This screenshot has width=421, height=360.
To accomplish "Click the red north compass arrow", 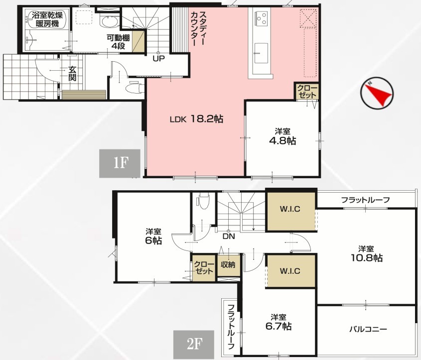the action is pyautogui.click(x=381, y=95).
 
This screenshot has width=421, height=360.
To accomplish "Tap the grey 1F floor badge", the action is pyautogui.click(x=120, y=163).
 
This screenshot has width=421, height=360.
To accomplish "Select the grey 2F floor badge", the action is pyautogui.click(x=194, y=345).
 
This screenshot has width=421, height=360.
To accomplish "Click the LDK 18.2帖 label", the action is pyautogui.click(x=196, y=119).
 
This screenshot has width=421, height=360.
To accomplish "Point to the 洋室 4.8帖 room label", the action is pyautogui.click(x=282, y=136).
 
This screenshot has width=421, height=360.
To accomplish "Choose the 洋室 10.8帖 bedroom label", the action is pyautogui.click(x=367, y=253).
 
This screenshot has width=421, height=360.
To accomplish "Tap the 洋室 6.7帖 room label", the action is pyautogui.click(x=279, y=322).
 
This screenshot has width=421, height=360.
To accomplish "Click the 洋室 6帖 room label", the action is pyautogui.click(x=153, y=236).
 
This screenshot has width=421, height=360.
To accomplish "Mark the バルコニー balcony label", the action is pyautogui.click(x=368, y=329).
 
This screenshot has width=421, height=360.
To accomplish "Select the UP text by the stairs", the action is pyautogui.click(x=158, y=58).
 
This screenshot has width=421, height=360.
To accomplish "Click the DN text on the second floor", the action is pyautogui.click(x=229, y=237).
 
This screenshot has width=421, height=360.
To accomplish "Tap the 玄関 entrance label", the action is pyautogui.click(x=72, y=74).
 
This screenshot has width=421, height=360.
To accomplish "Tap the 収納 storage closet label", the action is pyautogui.click(x=228, y=265).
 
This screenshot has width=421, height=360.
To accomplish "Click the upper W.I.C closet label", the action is pyautogui.click(x=290, y=209).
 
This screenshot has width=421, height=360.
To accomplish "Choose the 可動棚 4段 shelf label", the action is pyautogui.click(x=118, y=42).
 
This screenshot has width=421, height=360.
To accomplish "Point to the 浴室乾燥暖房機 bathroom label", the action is pyautogui.click(x=47, y=19).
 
